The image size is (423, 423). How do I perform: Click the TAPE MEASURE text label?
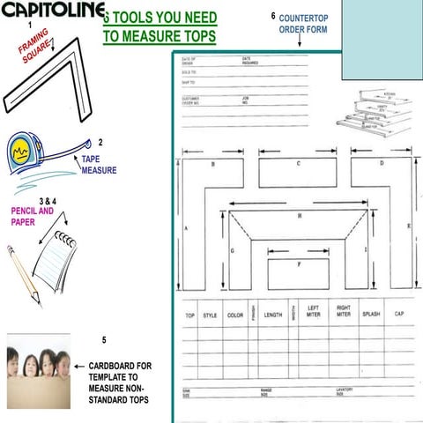point(99,165)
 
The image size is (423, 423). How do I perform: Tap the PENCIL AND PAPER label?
point(33,217)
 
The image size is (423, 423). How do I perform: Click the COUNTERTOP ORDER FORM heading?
point(303,23)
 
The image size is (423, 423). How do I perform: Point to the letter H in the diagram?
point(300,215)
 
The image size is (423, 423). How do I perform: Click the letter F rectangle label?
point(300,263)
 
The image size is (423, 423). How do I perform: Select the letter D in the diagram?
point(382,164)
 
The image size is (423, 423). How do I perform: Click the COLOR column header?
point(235,315)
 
